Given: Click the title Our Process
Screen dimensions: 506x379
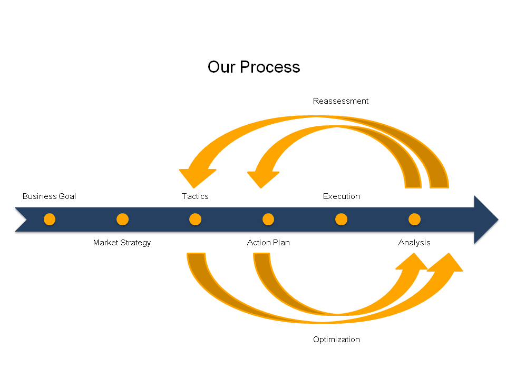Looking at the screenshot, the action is coord(254,67).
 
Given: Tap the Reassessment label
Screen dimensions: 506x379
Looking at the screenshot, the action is coord(340,101).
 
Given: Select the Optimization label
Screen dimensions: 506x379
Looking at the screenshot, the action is coord(336,340).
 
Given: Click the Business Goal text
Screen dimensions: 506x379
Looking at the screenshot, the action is coord(49,196).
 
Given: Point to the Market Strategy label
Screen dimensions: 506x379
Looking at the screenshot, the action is coord(122,243).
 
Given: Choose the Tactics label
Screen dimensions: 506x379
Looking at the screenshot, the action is coord(195,196).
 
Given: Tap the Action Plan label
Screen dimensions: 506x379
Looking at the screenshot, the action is coord(268,243).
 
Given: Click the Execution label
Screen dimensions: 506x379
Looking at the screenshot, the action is coord(341,196).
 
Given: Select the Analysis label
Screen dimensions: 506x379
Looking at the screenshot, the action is coord(414,243).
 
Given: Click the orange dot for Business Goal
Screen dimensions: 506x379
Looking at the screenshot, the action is coord(50,220).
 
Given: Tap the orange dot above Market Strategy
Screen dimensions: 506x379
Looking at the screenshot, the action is coord(122,220).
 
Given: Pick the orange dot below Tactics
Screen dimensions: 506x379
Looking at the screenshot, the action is coord(195,220).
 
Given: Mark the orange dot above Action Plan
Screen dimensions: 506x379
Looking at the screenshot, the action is coord(268,220).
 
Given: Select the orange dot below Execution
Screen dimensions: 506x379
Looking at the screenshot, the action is coord(341,220).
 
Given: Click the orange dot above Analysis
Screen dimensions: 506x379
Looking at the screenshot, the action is coord(414,220).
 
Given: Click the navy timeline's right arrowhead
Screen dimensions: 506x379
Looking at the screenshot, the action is coord(485,220).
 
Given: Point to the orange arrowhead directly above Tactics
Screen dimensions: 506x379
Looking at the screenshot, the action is coord(197,178).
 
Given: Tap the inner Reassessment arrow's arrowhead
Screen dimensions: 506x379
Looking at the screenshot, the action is coord(262,179).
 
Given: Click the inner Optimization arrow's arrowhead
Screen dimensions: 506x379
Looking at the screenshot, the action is coord(412,262).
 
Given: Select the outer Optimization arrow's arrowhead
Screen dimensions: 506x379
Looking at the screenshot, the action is coord(446,263).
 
